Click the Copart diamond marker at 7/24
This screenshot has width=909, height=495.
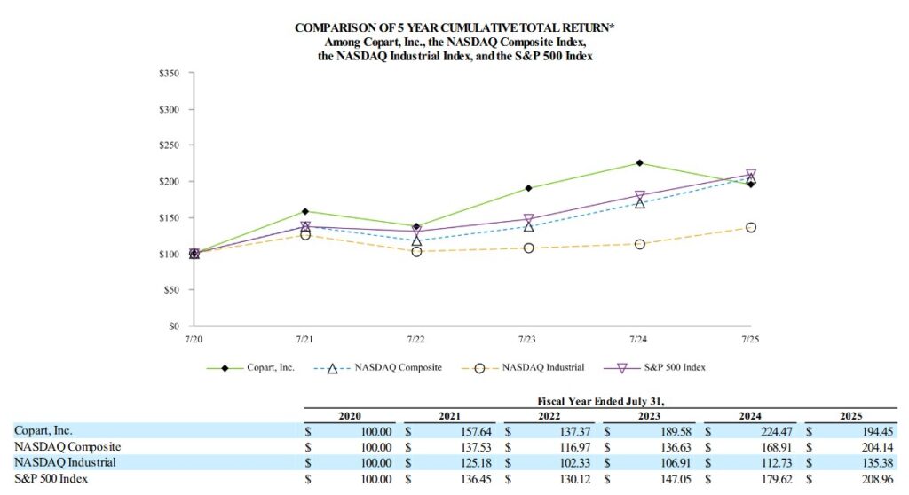click(639, 163)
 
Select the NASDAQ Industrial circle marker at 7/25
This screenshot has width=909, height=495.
click(751, 228)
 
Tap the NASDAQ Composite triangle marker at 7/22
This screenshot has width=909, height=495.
click(416, 240)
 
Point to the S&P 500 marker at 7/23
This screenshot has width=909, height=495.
click(528, 219)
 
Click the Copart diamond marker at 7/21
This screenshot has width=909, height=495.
click(305, 211)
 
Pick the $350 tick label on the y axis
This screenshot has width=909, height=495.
click(170, 73)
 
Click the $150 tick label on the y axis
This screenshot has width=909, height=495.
click(170, 217)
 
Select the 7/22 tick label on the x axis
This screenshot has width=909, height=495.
click(416, 339)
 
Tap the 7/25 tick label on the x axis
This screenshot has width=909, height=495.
click(751, 339)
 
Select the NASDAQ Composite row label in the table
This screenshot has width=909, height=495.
click(67, 446)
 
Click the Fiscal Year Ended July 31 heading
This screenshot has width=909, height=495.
click(601, 401)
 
